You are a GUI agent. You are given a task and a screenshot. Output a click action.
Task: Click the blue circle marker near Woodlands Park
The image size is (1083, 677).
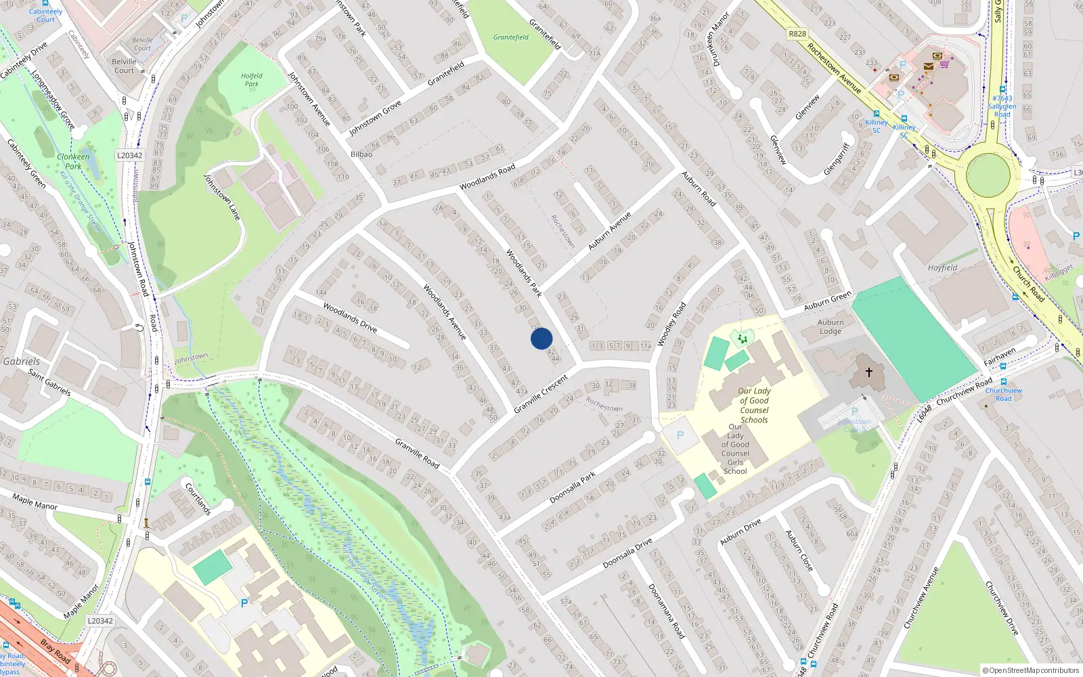coord(541,338)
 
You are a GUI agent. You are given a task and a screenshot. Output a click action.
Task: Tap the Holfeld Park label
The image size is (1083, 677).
coord(252,80)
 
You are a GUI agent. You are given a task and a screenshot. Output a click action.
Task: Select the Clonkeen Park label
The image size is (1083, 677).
coord(73,161)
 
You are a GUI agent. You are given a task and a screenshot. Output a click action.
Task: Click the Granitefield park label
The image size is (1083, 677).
coord(511,37)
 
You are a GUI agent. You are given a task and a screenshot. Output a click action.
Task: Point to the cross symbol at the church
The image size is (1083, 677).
coord(869,372)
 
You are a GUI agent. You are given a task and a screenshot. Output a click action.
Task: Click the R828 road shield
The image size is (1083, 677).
coord(797,34)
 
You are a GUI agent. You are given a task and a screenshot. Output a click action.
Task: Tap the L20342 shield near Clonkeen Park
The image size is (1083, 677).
coord(130,156)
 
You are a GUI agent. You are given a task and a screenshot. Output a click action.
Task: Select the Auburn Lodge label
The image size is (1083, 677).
coord(831,327)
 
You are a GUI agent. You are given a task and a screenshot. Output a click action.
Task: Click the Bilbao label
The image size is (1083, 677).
coord(361,154)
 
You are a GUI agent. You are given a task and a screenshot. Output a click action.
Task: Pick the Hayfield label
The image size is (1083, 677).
coord(942,268)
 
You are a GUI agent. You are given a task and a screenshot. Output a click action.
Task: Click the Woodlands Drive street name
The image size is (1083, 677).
coord(350,317)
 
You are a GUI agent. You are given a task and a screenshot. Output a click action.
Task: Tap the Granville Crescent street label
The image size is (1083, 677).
coord(540,394)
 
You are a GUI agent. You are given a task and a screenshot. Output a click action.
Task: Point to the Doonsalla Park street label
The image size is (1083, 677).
coord(573,487)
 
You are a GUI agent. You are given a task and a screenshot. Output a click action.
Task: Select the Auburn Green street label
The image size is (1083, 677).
coord(828,301)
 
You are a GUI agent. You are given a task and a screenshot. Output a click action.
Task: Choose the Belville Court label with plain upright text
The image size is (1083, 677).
coord(125,66)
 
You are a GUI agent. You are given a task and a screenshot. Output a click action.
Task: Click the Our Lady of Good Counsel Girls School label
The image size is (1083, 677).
coord(735,449)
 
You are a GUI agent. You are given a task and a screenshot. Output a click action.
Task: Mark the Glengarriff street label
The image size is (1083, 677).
coord(837,160)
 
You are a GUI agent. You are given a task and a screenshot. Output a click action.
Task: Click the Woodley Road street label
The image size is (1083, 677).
coord(671,324)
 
